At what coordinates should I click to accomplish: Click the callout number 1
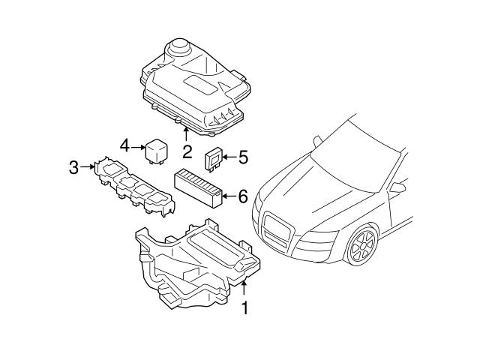243,307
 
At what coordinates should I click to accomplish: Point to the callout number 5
242,157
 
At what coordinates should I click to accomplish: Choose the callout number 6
242,197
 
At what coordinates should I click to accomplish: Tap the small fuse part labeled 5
213,159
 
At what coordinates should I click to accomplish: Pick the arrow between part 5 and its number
228,157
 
